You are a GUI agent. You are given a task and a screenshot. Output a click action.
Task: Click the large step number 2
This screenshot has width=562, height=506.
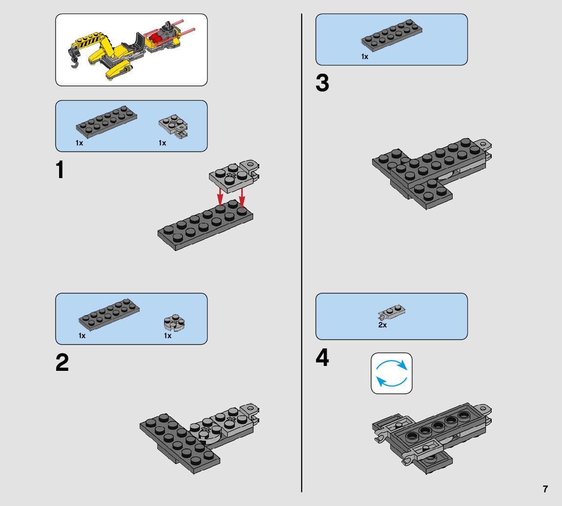(62, 363)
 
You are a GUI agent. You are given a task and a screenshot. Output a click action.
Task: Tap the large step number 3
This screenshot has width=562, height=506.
(322, 83)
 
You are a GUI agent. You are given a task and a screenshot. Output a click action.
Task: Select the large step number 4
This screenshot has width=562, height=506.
(322, 357)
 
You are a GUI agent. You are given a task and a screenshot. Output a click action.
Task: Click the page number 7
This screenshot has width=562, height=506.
(545, 489)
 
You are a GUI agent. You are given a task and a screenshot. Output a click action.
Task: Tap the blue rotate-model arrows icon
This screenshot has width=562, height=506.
(392, 373)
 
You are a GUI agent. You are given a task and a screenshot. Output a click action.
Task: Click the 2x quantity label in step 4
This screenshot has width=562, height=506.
(382, 325)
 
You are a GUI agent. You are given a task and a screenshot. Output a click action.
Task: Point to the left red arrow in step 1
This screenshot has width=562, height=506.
(220, 197)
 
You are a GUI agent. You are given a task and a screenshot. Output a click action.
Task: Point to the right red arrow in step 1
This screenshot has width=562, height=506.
(242, 198)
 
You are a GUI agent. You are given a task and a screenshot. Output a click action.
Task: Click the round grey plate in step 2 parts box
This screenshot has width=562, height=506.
(174, 323)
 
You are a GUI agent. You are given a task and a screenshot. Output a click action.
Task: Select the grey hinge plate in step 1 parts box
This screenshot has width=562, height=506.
(173, 126)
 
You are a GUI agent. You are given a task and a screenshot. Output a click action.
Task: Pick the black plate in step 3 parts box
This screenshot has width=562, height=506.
(392, 35)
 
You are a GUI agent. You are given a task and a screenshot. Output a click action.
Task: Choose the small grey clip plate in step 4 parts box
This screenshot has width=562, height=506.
(392, 312)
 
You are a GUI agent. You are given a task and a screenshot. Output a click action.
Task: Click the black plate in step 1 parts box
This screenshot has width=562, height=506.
(106, 122)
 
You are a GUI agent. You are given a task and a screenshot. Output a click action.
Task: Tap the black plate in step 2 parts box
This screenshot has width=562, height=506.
(109, 315)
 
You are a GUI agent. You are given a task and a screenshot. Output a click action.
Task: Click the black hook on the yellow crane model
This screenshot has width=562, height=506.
(75, 59)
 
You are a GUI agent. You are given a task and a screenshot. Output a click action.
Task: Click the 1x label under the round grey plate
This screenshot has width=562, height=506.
(168, 336)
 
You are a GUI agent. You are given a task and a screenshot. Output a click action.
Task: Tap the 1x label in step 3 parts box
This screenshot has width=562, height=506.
(365, 57)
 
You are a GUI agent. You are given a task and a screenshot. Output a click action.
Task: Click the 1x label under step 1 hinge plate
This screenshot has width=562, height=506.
(163, 143)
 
